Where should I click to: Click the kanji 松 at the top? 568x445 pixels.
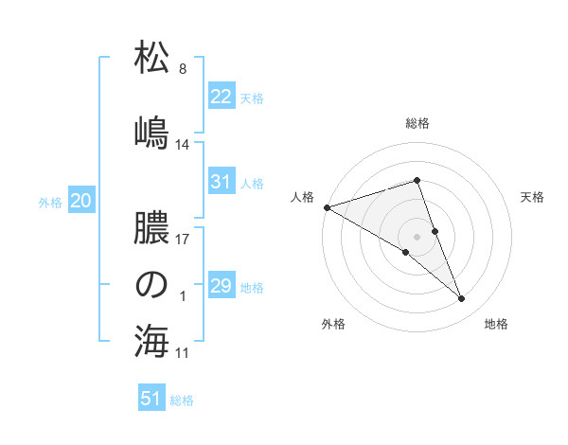151,59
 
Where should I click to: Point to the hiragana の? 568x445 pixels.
151,284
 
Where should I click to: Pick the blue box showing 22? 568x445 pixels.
221,97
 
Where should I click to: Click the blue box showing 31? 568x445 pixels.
221,182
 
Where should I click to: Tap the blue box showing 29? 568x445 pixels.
221,286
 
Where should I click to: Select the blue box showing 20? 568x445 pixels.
80,200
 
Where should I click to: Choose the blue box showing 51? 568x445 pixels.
152,399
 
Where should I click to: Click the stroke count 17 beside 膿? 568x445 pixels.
183,239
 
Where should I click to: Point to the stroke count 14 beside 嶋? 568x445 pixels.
183,145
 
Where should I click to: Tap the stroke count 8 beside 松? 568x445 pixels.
183,69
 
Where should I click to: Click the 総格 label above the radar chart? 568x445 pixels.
417,123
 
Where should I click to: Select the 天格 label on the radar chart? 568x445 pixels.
532,197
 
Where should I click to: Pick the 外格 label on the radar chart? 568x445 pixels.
333,324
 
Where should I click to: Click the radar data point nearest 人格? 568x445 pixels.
327,206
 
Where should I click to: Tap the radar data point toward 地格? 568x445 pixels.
461,299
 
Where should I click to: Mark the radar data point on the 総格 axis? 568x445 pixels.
417,180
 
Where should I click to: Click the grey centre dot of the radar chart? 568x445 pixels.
417,236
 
